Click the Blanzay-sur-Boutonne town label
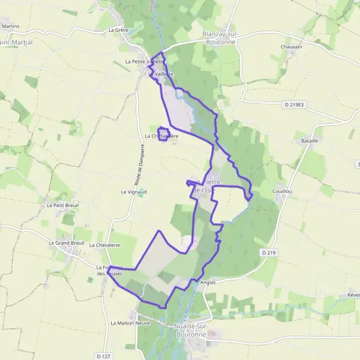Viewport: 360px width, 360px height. tap(221, 37)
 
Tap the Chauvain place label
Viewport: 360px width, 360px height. tap(291, 46)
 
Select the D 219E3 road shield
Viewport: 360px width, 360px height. tap(293, 104)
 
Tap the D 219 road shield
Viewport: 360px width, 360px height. tap(269, 253)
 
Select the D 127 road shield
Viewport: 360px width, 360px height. tap(103, 356)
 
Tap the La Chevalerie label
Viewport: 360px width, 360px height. tap(104, 245)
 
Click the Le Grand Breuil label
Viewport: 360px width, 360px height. tap(66, 243)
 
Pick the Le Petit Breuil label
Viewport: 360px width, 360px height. tap(62, 205)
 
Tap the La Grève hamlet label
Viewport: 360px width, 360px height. tap(119, 29)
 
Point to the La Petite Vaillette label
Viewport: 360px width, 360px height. tap(143, 61)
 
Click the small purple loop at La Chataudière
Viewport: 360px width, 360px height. tap(163, 134)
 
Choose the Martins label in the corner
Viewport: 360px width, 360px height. tap(10, 26)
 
